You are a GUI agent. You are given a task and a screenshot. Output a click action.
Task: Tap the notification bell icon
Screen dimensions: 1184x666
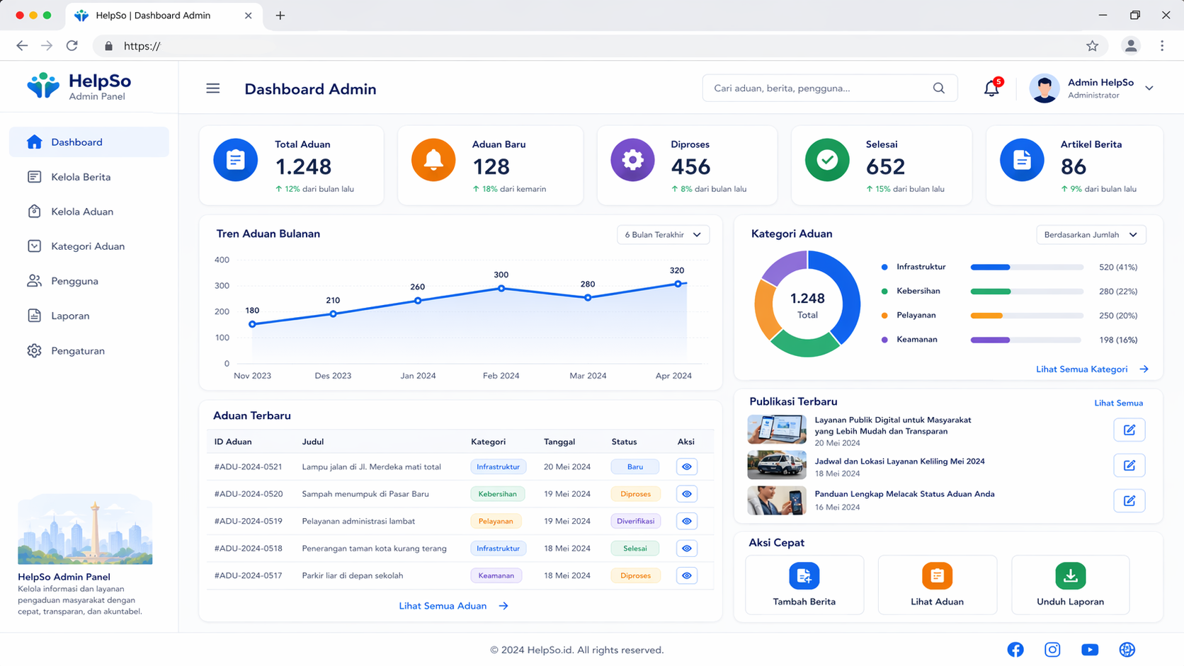(x=991, y=88)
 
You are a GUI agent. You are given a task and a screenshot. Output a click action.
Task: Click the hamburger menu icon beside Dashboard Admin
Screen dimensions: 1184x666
(x=213, y=88)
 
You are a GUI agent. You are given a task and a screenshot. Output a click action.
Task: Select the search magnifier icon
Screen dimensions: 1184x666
(x=939, y=88)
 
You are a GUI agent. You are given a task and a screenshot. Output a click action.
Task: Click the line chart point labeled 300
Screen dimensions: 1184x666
(x=501, y=288)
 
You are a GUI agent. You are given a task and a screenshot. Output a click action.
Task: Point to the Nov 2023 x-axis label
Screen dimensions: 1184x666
(x=252, y=376)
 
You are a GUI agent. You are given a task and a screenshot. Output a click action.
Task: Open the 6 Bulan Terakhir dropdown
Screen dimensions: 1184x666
(x=663, y=234)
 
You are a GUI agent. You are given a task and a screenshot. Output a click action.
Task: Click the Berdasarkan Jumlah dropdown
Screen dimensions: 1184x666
(x=1091, y=234)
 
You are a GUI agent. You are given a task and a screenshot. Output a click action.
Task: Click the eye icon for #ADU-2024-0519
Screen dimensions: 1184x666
(x=687, y=522)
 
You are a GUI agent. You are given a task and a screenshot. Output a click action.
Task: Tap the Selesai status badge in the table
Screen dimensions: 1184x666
(x=634, y=549)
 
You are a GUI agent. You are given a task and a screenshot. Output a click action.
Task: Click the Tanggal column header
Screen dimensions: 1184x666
(x=559, y=442)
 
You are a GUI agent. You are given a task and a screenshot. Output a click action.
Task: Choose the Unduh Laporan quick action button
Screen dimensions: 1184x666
(x=1071, y=585)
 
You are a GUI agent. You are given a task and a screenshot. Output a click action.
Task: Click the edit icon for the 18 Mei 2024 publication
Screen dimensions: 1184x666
(x=1129, y=465)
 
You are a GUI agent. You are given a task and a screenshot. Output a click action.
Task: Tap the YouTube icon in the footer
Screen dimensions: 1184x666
(x=1089, y=650)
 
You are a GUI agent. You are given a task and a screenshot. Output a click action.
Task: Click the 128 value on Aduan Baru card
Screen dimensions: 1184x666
(x=491, y=167)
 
